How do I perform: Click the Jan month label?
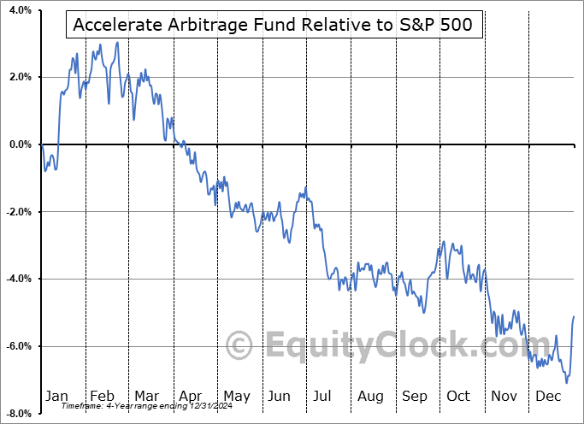click(x=56, y=397)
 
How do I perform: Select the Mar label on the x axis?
click(x=146, y=397)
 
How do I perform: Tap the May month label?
click(x=236, y=397)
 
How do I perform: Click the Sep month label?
click(x=415, y=397)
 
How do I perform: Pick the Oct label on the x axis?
click(x=458, y=397)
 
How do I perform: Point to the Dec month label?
click(x=549, y=397)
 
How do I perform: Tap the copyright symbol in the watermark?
click(x=239, y=346)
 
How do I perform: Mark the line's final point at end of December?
click(x=573, y=317)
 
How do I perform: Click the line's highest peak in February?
click(x=117, y=42)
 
